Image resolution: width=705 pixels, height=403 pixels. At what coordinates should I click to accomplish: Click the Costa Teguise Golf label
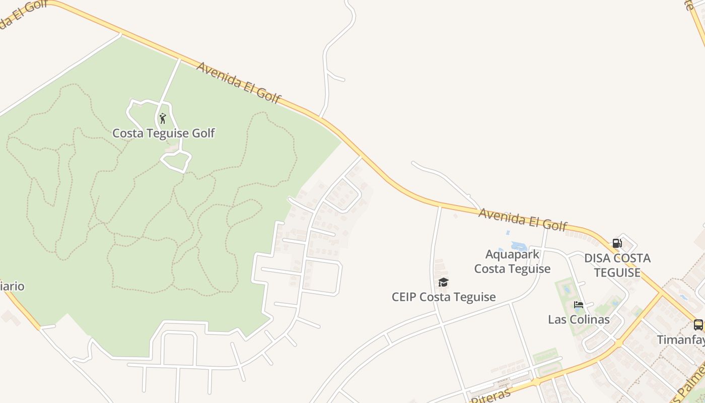coord(163,133)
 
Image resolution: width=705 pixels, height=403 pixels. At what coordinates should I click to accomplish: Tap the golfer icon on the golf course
coord(162,118)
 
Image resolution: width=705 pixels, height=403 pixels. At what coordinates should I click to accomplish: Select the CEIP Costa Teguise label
coord(444,297)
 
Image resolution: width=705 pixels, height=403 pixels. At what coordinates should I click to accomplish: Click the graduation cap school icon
coord(443,282)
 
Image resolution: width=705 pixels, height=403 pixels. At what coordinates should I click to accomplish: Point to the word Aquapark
coord(512,254)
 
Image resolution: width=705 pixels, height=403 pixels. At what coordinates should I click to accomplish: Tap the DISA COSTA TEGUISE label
coord(617,265)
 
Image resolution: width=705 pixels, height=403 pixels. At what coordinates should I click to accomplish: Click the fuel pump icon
coord(617,243)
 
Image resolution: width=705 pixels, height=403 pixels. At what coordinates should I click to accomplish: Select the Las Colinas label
coord(579,319)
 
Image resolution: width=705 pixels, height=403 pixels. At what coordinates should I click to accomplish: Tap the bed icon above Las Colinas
coord(578,305)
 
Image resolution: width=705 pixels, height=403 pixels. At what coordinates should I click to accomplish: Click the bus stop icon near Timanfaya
coord(698,324)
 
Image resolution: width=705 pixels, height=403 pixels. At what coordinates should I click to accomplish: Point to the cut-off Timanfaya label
coord(681,340)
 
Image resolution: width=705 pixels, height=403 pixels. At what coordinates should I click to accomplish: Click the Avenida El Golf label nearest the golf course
coord(238,83)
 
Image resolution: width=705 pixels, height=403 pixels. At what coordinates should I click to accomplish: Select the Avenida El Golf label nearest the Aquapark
coord(523,220)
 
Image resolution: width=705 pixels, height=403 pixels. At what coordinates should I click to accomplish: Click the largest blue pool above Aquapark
coord(519,246)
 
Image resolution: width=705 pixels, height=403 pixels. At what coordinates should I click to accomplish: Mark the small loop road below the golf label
coord(175,161)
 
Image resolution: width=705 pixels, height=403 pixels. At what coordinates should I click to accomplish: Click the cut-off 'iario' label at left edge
coord(12,286)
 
